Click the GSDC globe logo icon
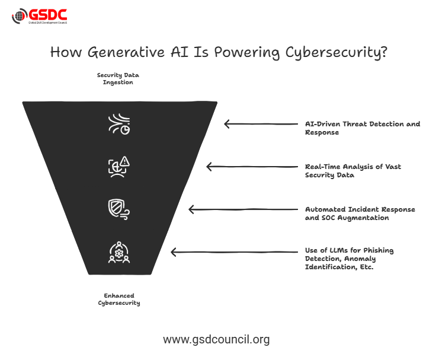click(x=20, y=16)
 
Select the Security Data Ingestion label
click(x=118, y=79)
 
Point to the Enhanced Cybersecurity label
click(x=118, y=299)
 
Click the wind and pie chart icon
click(x=119, y=124)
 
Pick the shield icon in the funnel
click(x=119, y=209)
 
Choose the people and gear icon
click(x=119, y=252)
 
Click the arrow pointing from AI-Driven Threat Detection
click(x=261, y=124)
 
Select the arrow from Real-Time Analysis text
click(x=252, y=167)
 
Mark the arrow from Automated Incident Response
click(x=243, y=209)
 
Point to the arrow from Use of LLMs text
click(x=234, y=252)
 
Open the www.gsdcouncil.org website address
click(x=216, y=340)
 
